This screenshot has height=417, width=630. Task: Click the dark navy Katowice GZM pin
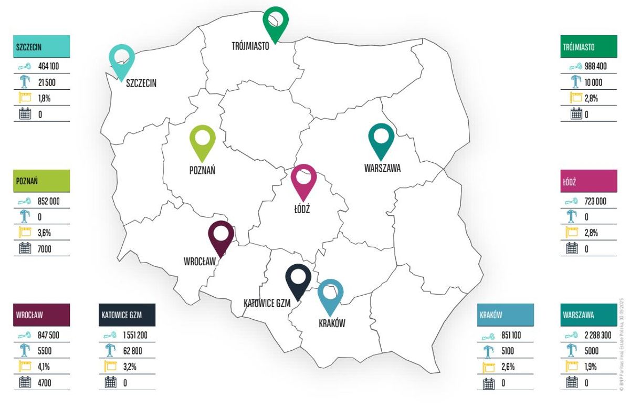tap(298, 280)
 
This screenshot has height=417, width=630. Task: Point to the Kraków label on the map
tap(332, 324)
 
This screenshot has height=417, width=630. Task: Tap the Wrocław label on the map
tap(199, 261)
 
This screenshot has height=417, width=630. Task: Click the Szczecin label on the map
tap(141, 83)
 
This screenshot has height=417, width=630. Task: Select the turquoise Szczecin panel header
tap(41, 47)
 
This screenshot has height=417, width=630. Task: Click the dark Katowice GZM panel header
tap(127, 315)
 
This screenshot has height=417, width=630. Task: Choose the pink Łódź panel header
tap(588, 181)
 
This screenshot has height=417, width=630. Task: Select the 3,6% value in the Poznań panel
tap(45, 233)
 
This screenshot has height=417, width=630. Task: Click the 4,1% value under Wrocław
tap(45, 367)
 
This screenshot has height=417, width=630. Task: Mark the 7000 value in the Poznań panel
tap(45, 249)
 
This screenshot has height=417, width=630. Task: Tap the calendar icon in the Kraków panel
tap(489, 383)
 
